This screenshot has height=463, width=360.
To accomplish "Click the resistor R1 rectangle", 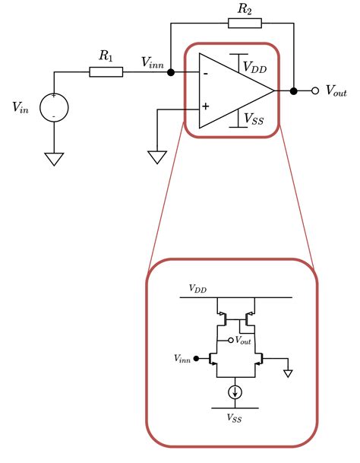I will pyautogui.click(x=106, y=72).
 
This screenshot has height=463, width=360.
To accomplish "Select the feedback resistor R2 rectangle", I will pyautogui.click(x=245, y=23).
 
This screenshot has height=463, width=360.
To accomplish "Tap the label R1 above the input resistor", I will pyautogui.click(x=106, y=56).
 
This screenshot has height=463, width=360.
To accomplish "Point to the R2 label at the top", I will pyautogui.click(x=245, y=8).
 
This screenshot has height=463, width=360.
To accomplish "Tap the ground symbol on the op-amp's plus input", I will pyautogui.click(x=156, y=157).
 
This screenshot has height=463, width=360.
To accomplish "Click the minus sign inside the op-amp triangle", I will pyautogui.click(x=205, y=74).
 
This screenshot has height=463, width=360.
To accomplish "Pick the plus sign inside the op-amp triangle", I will pyautogui.click(x=205, y=108).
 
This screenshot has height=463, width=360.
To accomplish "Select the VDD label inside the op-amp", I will pyautogui.click(x=254, y=66).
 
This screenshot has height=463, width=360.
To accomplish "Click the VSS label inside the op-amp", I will pyautogui.click(x=253, y=118).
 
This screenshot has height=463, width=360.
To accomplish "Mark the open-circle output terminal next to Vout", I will pyautogui.click(x=314, y=90).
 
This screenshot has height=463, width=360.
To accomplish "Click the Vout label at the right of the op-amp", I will pyautogui.click(x=336, y=90).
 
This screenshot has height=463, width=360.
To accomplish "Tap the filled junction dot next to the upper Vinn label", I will pyautogui.click(x=171, y=73).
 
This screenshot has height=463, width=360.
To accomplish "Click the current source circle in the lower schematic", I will pyautogui.click(x=236, y=392).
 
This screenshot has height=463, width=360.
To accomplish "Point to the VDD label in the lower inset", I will pyautogui.click(x=197, y=290).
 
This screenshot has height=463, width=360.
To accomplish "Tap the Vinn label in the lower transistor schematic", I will pyautogui.click(x=182, y=357).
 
